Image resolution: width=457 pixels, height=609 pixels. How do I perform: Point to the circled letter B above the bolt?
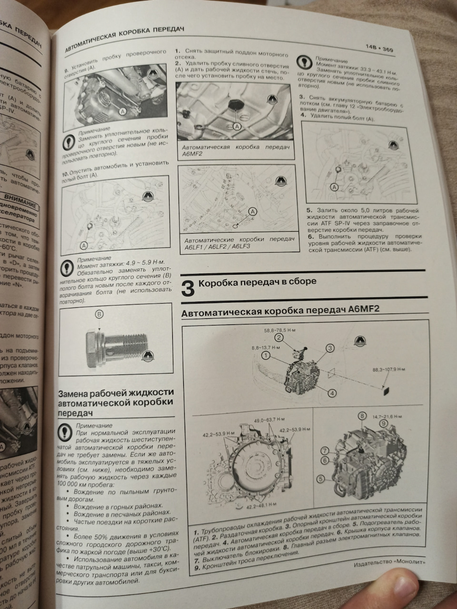point(99,314)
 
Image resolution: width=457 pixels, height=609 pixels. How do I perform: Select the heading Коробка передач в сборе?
point(257,282)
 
